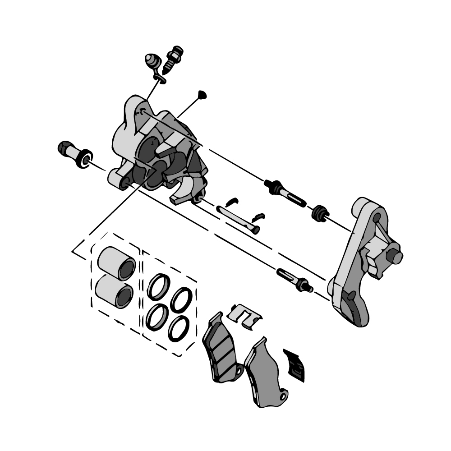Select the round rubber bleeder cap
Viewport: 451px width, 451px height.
152,60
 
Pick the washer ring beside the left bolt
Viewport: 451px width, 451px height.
84,158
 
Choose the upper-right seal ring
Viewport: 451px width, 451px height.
181,299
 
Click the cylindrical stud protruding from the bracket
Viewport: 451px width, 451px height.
396,256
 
